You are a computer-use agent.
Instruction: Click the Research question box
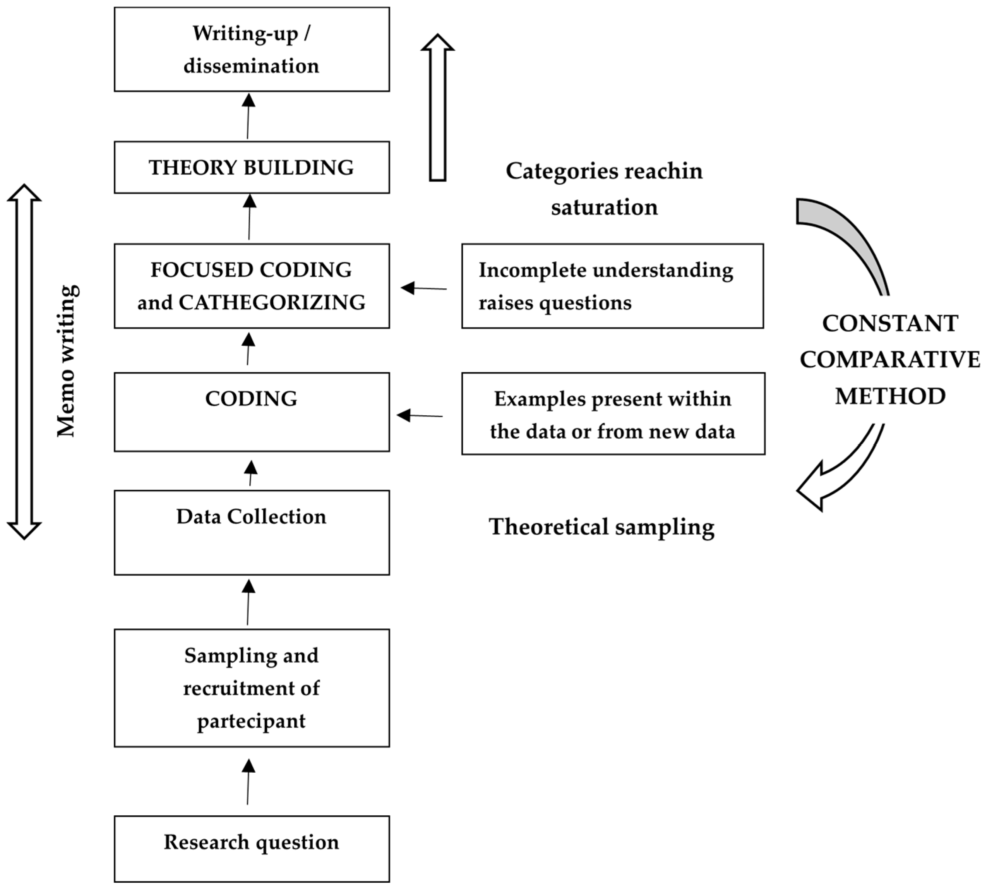tap(251, 849)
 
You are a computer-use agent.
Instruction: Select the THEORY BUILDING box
tap(251, 167)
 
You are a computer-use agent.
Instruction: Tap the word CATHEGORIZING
tap(272, 302)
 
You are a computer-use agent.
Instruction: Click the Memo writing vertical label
tap(67, 361)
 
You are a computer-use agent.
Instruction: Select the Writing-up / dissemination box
tap(251, 49)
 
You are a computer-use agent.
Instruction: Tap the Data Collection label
tap(251, 517)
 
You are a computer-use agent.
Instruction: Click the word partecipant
tap(251, 721)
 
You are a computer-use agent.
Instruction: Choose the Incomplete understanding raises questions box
tap(612, 286)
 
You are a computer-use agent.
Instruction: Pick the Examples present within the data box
tap(613, 414)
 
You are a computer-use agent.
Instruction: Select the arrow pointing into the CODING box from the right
tap(420, 416)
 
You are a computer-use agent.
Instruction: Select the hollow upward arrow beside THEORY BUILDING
tap(437, 108)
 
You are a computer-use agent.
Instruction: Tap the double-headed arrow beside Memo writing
tap(24, 362)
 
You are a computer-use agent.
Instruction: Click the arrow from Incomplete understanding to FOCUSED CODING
tap(423, 288)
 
